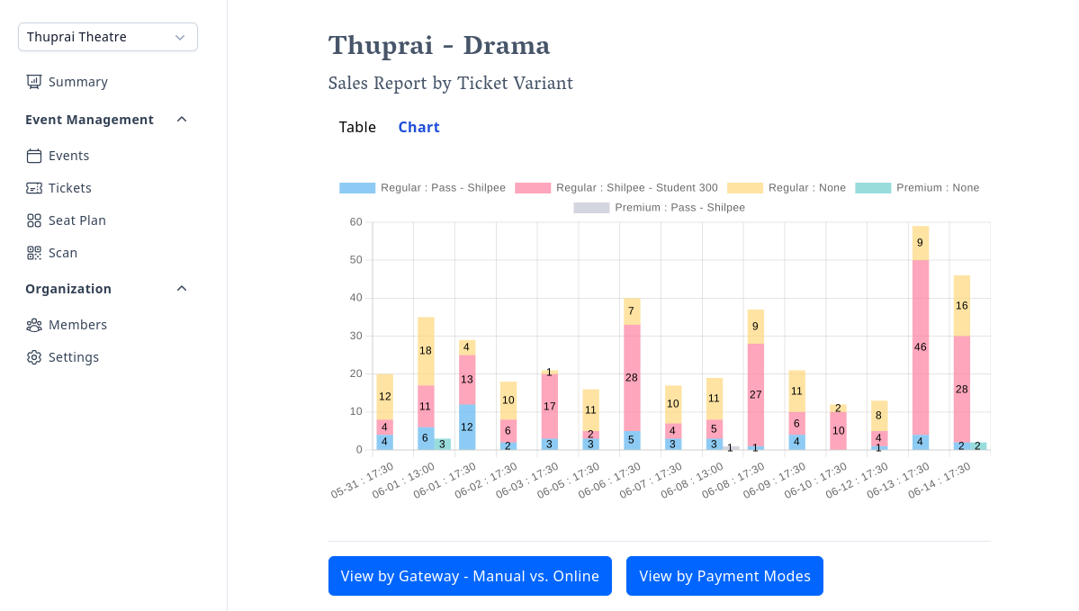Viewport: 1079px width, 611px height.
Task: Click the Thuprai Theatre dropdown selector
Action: [x=108, y=37]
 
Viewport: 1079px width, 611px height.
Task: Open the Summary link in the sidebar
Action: [x=77, y=82]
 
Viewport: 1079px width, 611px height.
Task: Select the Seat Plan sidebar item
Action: [x=76, y=220]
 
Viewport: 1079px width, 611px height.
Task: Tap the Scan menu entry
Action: [x=62, y=253]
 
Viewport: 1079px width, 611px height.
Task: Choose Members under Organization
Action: [x=77, y=325]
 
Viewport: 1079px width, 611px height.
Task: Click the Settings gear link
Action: [x=73, y=357]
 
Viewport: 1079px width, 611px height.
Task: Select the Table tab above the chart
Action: [x=357, y=127]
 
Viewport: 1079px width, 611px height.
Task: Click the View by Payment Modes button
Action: [x=724, y=576]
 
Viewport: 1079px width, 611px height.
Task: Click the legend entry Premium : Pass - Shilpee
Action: [x=660, y=208]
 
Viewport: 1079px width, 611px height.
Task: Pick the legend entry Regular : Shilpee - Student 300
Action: [x=616, y=188]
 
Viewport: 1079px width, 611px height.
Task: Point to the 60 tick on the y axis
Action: [x=356, y=222]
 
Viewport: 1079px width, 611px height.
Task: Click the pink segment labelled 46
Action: [x=920, y=347]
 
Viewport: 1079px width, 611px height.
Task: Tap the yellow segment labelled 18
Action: [x=426, y=351]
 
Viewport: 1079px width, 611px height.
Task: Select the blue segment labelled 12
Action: [x=467, y=427]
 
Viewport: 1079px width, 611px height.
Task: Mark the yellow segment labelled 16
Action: [x=961, y=306]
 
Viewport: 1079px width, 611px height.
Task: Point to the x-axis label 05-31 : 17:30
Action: [x=364, y=482]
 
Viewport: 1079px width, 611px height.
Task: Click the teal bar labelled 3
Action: [x=442, y=444]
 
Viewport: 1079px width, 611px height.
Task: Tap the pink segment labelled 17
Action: [x=549, y=406]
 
